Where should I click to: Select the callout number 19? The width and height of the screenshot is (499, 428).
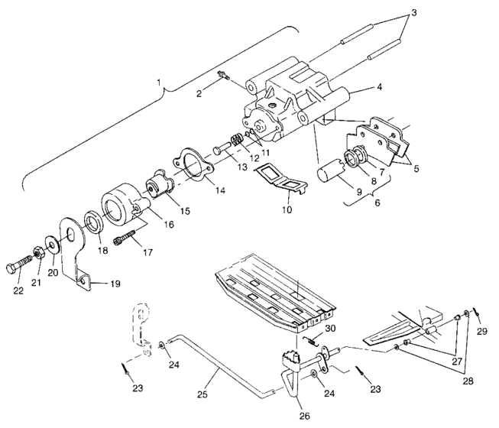tap(115, 284)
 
